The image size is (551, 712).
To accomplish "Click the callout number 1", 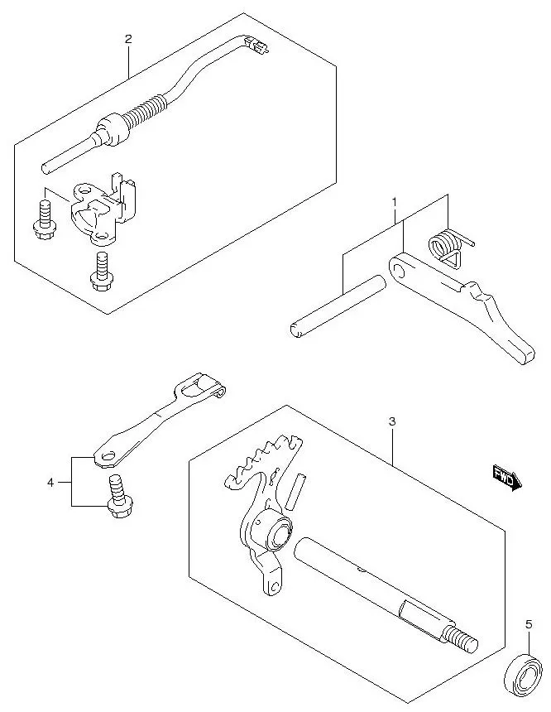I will (x=395, y=201).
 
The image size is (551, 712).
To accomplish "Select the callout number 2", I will (x=127, y=39).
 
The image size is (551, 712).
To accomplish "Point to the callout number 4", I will (x=50, y=481).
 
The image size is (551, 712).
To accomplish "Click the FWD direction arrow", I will (x=505, y=477).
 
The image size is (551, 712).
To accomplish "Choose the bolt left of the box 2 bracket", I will (x=42, y=217).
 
